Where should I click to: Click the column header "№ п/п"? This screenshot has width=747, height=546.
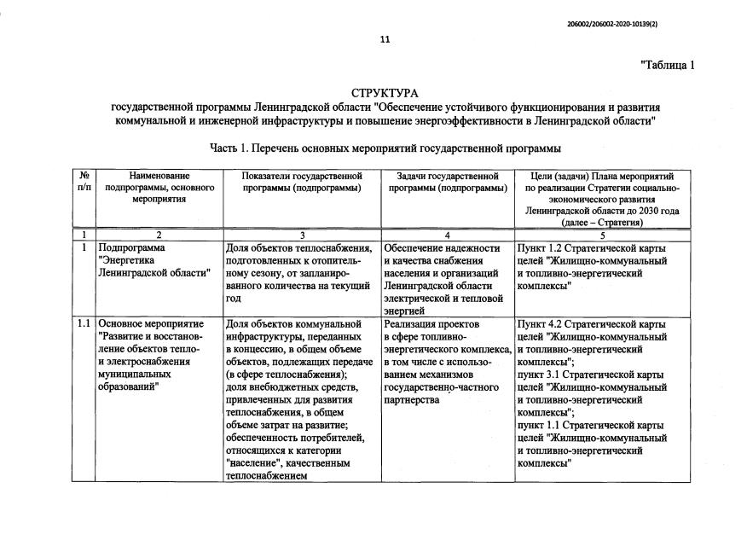coord(84,181)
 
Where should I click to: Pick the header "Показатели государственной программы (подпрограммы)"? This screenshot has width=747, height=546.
coord(302,181)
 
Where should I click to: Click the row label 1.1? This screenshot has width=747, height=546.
coord(84,324)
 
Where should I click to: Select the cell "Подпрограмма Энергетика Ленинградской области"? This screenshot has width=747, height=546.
coord(154,260)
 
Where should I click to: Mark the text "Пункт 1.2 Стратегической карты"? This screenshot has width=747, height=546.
coord(591,248)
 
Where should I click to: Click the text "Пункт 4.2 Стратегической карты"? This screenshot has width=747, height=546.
coord(591,324)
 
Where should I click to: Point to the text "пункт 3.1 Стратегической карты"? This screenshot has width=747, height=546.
coord(591,374)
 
